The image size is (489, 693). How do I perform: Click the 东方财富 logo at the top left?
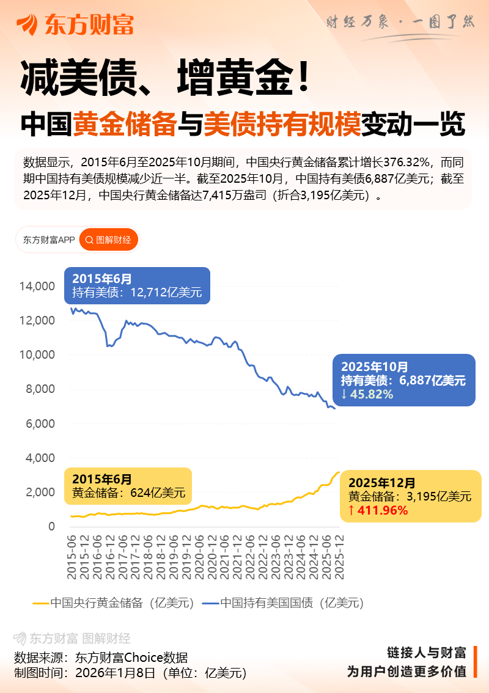coord(75,24)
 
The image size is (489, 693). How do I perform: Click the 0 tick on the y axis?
coord(51,526)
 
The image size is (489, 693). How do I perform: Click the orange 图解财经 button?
coord(109,240)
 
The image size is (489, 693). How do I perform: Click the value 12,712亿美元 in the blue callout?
coord(166,293)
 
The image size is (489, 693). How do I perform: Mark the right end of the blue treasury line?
coord(334,408)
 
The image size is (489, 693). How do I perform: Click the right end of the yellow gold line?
coord(339,472)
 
